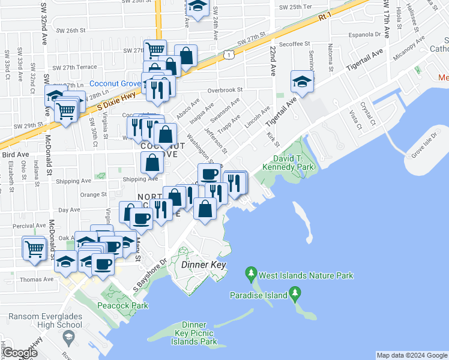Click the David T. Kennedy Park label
click(289, 163)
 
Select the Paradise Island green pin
click(294, 293)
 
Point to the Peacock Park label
click(122, 305)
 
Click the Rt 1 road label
click(325, 17)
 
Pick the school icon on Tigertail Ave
click(302, 82)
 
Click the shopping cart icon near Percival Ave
click(35, 247)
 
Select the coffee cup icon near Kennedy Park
click(209, 174)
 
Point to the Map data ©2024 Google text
click(412, 355)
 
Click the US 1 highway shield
click(229, 55)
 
